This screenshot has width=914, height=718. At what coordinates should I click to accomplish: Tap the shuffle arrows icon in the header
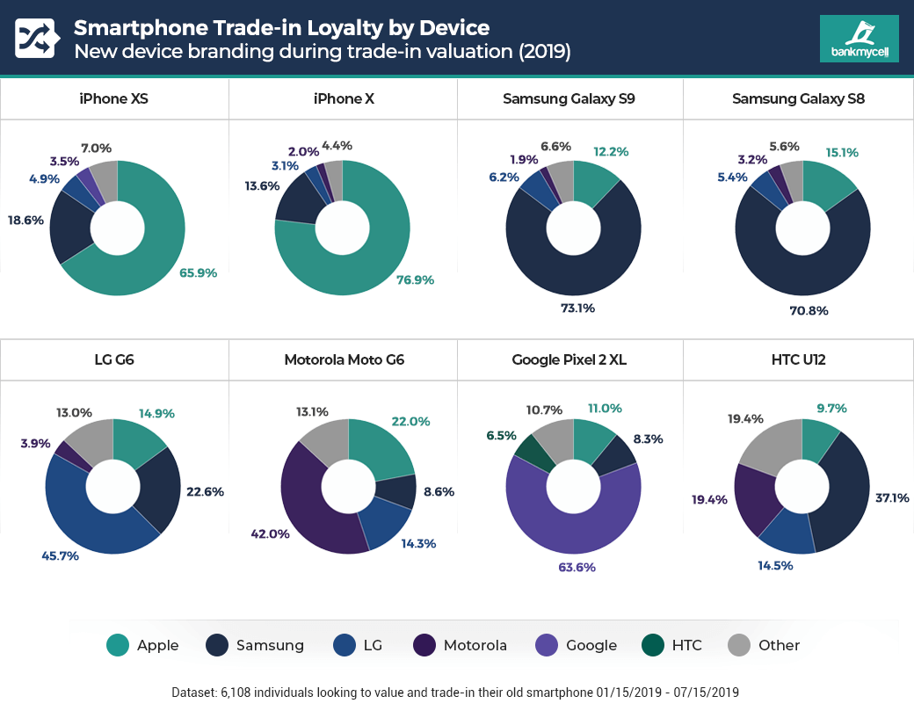pos(36,39)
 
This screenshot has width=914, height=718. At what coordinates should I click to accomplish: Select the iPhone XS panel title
pos(114,98)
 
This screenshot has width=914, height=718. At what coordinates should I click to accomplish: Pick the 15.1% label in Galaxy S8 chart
pos(841,153)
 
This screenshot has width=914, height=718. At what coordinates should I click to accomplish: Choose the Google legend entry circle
pos(547,645)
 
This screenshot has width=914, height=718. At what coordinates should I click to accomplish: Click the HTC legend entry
pos(673,645)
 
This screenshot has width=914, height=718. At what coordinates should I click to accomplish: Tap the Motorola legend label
pos(475,645)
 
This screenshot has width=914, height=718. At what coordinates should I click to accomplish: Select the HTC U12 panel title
pos(798,359)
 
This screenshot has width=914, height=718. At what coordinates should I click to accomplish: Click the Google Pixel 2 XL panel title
pos(569,359)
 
